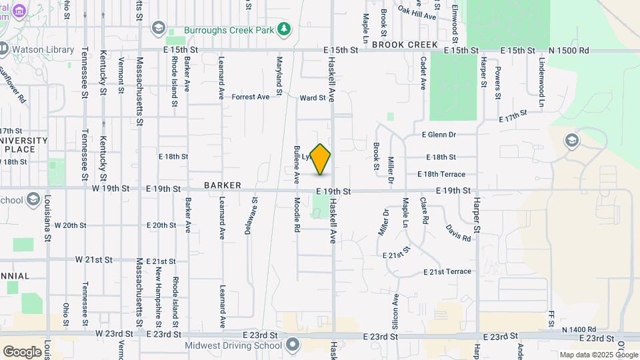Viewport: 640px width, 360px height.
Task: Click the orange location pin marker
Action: (321, 159)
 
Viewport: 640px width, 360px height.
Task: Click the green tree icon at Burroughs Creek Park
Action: (285, 28)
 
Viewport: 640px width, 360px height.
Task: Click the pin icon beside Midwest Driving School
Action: (293, 344)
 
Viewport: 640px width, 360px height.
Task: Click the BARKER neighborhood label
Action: (222, 185)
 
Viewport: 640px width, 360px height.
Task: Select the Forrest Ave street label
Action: (251, 97)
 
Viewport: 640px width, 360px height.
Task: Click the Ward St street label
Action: (313, 97)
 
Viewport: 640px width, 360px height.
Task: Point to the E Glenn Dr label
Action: (438, 135)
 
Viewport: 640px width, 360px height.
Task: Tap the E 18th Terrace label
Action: (441, 174)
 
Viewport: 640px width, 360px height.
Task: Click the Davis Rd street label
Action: (458, 233)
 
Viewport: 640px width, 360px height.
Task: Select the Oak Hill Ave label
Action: (417, 12)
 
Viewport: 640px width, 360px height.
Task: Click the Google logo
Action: (22, 351)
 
